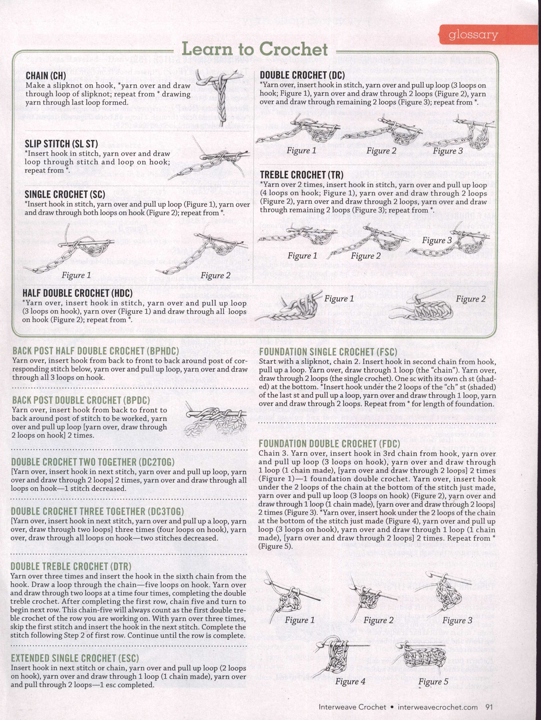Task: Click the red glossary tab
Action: click(473, 35)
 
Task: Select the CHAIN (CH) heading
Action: click(46, 76)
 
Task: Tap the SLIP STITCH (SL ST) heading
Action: click(61, 144)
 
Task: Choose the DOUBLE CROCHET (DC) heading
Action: click(302, 75)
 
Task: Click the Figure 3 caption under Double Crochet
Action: click(448, 151)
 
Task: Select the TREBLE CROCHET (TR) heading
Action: click(302, 175)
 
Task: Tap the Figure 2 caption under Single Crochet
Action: click(215, 276)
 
